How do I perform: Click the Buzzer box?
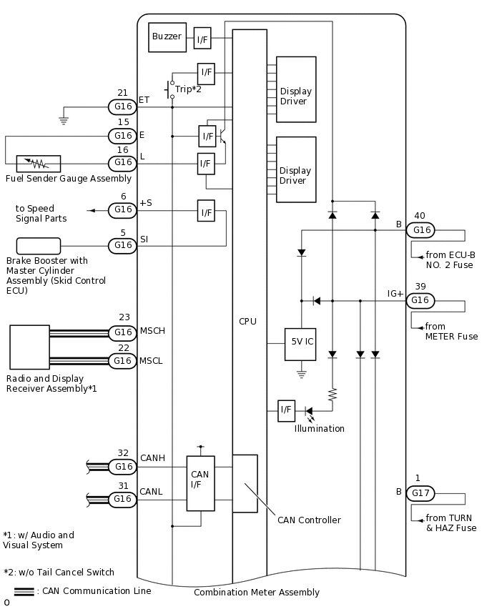(167, 37)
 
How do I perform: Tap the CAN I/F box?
(200, 483)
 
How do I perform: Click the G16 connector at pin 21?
(123, 107)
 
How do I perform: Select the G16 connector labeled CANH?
(123, 467)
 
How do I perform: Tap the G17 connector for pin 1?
(420, 493)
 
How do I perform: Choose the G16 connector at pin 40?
(420, 230)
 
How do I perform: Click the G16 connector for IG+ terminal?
(420, 300)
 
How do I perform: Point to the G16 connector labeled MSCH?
(123, 332)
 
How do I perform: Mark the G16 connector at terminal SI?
(123, 245)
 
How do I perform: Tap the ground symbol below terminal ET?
(64, 120)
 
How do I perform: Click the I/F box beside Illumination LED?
(286, 410)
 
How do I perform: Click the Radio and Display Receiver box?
(29, 347)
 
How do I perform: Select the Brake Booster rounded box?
(39, 245)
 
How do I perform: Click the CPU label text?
(247, 322)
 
